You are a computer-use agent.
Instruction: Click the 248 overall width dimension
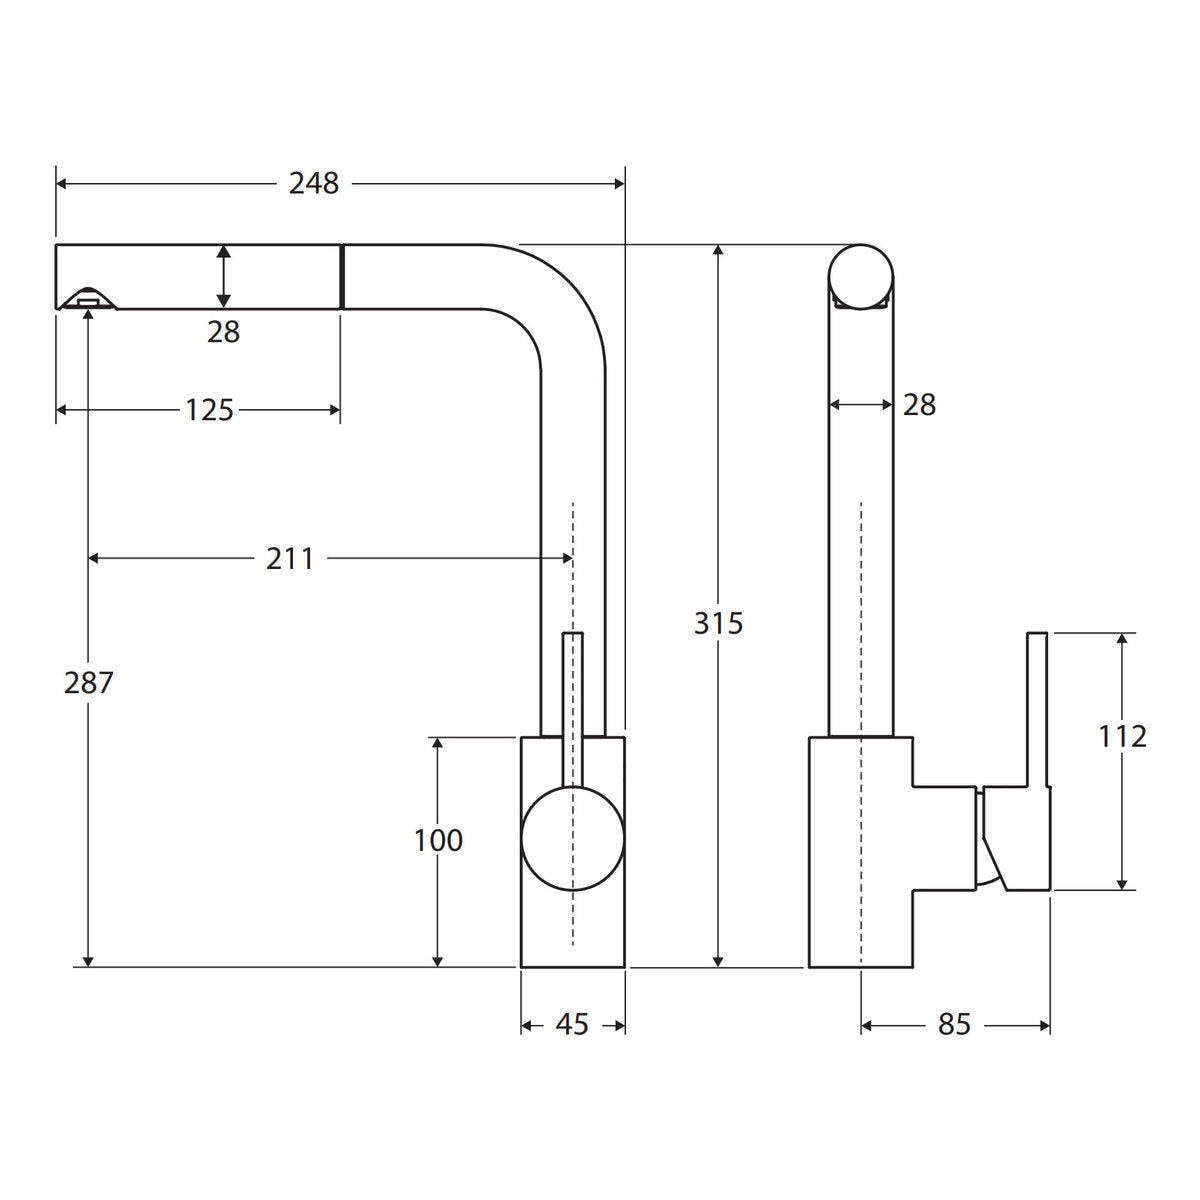pyautogui.click(x=314, y=184)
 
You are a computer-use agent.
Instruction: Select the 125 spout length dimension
pyautogui.click(x=209, y=410)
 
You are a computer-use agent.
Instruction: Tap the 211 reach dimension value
pyautogui.click(x=290, y=559)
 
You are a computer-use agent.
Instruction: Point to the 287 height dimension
pyautogui.click(x=88, y=683)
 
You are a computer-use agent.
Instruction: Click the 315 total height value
pyautogui.click(x=719, y=623)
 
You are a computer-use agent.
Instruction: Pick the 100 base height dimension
pyautogui.click(x=438, y=841)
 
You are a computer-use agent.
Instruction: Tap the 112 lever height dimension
pyautogui.click(x=1122, y=737)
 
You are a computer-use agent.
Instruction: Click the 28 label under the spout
pyautogui.click(x=224, y=332)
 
